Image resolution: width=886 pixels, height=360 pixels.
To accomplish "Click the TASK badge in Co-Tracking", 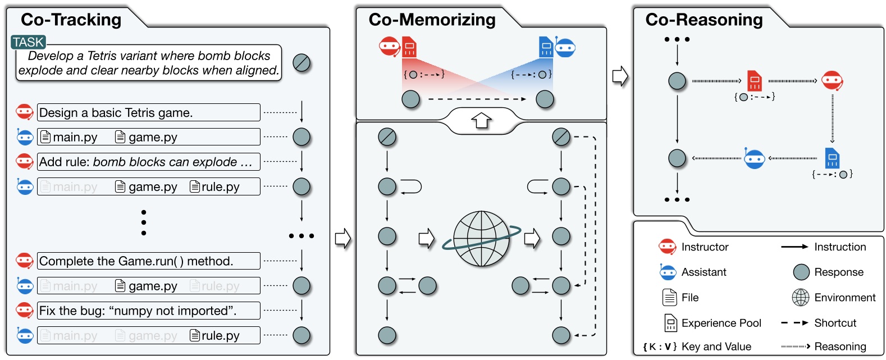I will coord(28,42).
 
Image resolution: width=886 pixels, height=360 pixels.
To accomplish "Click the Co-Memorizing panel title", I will coord(432,20).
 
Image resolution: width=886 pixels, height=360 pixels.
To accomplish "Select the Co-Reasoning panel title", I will coord(704,20).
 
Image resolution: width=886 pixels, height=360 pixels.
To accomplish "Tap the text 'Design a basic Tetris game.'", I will coord(116,113).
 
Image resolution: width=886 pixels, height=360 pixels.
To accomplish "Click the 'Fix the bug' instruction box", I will coord(148,311).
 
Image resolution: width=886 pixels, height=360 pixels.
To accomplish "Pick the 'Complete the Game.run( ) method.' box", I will coord(148,261).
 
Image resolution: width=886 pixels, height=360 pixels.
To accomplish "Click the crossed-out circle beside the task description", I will coord(302,63).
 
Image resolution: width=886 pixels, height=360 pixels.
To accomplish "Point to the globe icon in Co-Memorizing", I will coord(481,239).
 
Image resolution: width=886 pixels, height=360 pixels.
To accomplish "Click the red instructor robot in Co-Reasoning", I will coord(832,81).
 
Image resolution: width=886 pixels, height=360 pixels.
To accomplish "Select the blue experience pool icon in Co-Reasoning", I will coord(832,158).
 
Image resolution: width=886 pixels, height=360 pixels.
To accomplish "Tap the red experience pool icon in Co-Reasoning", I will coord(754,81).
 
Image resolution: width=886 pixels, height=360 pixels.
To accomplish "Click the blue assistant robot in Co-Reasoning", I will coord(754,159).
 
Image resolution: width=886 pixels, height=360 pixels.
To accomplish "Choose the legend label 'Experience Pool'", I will coord(721,323).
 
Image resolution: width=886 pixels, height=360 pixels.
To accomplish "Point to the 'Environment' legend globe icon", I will coord(800,298).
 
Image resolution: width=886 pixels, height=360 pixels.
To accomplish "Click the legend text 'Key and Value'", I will coord(716,347).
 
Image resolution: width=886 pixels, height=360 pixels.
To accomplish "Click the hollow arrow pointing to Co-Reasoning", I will coord(619,76).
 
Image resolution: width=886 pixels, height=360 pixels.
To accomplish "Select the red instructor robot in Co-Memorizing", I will coord(390,47).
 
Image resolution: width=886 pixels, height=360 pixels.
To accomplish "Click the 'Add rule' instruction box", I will coord(148,162).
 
